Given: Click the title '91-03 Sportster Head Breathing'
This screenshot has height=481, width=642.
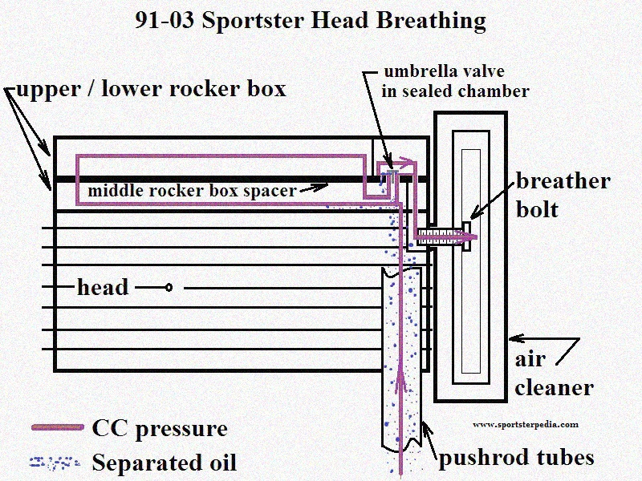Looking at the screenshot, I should coord(310,19).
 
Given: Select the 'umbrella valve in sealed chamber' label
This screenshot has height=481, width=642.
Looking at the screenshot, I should coord(456,81).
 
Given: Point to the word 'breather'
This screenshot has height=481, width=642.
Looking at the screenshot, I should coord(563,181).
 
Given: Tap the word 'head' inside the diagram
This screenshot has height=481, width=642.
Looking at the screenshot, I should coord(103,287).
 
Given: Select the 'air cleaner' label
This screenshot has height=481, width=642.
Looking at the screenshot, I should coord(553,374).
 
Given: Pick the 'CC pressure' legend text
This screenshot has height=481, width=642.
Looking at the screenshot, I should coord(160,429).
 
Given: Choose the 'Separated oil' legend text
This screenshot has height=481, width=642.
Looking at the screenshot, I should coord(165,463).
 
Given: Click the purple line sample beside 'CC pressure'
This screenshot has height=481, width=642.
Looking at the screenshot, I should coord(57,428).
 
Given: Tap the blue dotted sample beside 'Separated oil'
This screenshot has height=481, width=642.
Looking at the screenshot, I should coord(55,463).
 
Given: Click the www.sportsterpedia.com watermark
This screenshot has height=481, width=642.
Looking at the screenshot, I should coord(525,425).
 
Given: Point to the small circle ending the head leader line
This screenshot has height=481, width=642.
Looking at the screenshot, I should coord(169,287).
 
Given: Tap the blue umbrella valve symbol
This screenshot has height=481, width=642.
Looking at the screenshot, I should coord(392,172).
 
